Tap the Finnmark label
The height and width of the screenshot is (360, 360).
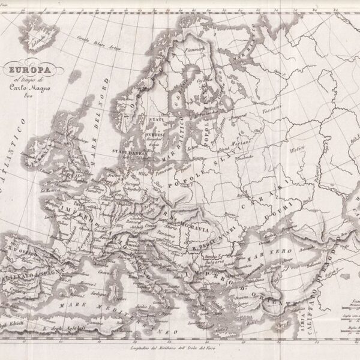193,50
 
